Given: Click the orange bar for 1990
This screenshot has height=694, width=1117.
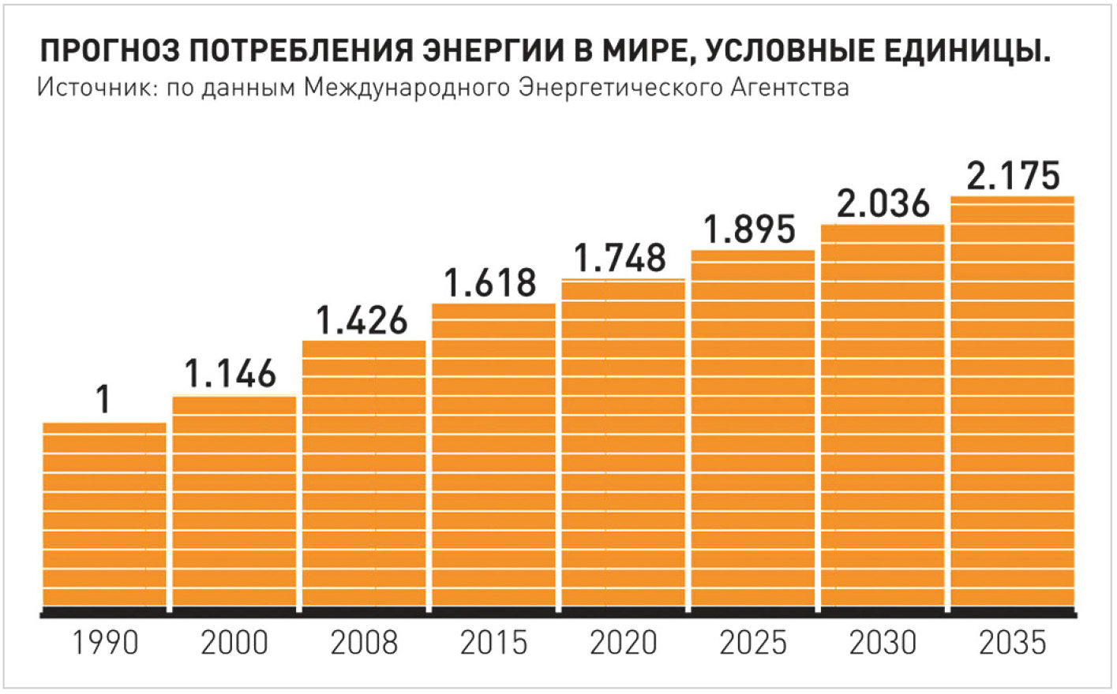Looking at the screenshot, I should click(x=104, y=517).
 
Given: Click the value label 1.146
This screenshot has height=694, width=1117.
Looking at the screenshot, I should click(x=231, y=374).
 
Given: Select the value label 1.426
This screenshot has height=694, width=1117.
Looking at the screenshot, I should click(x=362, y=320).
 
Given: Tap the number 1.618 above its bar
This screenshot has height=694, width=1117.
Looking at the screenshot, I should click(x=490, y=283).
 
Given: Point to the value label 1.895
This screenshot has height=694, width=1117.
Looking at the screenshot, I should click(x=749, y=229).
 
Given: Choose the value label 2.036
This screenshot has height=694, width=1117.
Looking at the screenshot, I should click(x=883, y=203).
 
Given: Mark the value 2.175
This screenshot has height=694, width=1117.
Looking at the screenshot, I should click(x=1013, y=175).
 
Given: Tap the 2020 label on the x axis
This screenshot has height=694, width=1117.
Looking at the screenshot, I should click(x=623, y=643).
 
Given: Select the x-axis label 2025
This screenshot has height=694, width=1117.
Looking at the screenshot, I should click(x=753, y=643).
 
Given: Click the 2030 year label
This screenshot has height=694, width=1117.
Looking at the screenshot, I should click(x=883, y=643).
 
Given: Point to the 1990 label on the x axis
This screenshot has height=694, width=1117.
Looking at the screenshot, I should click(x=105, y=643).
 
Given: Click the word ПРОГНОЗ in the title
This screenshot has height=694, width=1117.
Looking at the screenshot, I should click(x=104, y=51).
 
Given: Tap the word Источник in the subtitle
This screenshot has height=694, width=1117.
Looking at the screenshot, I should click(x=88, y=87).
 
